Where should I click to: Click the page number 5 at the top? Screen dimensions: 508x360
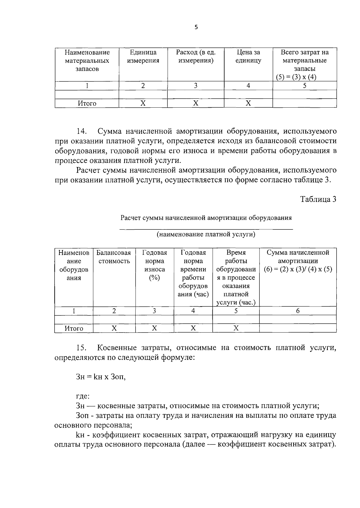(196, 27)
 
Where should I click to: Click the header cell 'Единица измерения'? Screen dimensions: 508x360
(143, 57)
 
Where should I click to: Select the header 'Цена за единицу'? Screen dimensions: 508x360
(248, 57)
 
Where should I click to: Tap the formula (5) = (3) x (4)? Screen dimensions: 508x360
(296, 77)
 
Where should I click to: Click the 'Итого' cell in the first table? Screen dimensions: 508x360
(87, 103)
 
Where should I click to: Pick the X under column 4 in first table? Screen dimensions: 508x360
(248, 103)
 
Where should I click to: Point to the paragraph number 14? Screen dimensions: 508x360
(82, 131)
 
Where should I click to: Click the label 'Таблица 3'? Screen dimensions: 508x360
(318, 199)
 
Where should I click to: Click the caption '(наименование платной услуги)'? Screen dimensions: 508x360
(206, 234)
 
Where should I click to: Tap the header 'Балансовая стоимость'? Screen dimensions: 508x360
(114, 257)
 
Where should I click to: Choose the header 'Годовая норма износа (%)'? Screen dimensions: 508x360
(154, 265)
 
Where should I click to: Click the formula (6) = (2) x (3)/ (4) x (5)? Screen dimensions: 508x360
(298, 269)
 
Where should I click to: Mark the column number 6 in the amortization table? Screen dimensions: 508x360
(298, 311)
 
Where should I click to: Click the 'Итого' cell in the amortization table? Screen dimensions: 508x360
(74, 328)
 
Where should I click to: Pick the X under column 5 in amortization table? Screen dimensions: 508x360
(236, 328)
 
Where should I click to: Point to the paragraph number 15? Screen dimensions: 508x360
(82, 348)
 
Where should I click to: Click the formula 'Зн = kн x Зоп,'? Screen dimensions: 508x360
(101, 377)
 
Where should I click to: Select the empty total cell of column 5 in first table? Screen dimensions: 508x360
(304, 103)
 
